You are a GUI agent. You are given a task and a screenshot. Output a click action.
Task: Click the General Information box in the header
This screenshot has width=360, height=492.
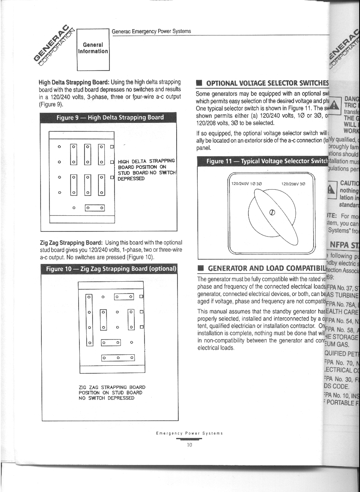[93, 48]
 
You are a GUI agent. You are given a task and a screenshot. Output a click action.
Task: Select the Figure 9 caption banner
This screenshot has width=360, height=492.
[110, 117]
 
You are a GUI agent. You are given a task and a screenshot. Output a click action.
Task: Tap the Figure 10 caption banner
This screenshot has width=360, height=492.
[110, 269]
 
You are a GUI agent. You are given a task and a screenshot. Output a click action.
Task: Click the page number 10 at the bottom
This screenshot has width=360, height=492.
[190, 445]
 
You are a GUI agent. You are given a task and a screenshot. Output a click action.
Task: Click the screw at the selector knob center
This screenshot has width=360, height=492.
[273, 213]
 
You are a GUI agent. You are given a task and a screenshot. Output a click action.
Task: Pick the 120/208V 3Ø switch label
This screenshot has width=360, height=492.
[293, 184]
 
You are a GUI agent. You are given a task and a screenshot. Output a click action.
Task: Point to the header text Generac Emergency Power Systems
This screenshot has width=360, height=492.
[151, 31]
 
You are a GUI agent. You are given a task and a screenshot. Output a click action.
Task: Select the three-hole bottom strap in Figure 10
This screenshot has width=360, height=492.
[118, 358]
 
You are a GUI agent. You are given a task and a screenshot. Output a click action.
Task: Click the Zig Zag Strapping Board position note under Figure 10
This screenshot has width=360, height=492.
[112, 392]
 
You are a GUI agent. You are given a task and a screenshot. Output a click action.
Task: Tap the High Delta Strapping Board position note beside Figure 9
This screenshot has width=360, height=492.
[146, 170]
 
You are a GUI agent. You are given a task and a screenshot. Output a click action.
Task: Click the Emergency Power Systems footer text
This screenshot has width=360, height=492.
[189, 433]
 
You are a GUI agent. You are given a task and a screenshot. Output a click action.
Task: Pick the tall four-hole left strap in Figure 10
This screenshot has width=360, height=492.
[89, 320]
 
